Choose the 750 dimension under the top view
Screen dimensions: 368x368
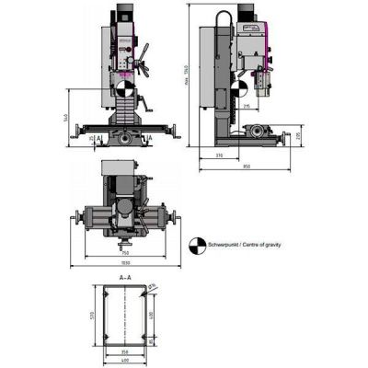125,255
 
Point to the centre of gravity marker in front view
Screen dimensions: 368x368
125,89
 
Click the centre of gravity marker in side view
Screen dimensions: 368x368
237,89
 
